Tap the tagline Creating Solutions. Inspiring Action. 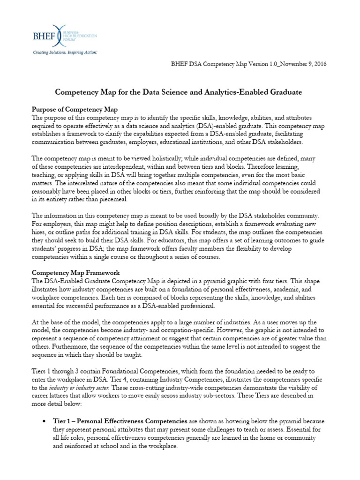[x=64, y=53]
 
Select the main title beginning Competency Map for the [x=179, y=93]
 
